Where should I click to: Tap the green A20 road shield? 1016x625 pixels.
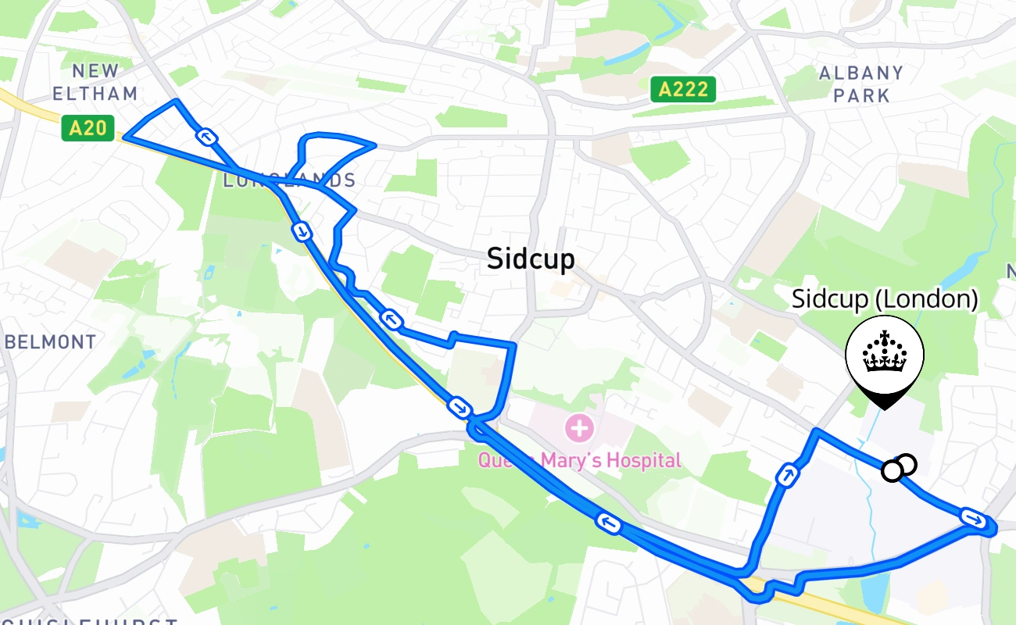[88, 128]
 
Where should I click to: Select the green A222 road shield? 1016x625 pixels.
[683, 89]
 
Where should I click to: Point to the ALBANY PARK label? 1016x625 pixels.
[861, 84]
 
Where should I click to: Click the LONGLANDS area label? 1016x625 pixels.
[289, 180]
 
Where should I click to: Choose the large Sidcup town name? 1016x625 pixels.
[530, 259]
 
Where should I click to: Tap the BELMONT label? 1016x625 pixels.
[50, 342]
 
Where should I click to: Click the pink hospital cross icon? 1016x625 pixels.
[580, 427]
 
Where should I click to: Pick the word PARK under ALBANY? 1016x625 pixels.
[861, 95]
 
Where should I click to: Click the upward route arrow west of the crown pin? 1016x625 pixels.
[787, 474]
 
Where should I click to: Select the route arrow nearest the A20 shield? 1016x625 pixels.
[206, 137]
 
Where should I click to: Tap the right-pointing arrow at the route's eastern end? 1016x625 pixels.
[971, 516]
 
